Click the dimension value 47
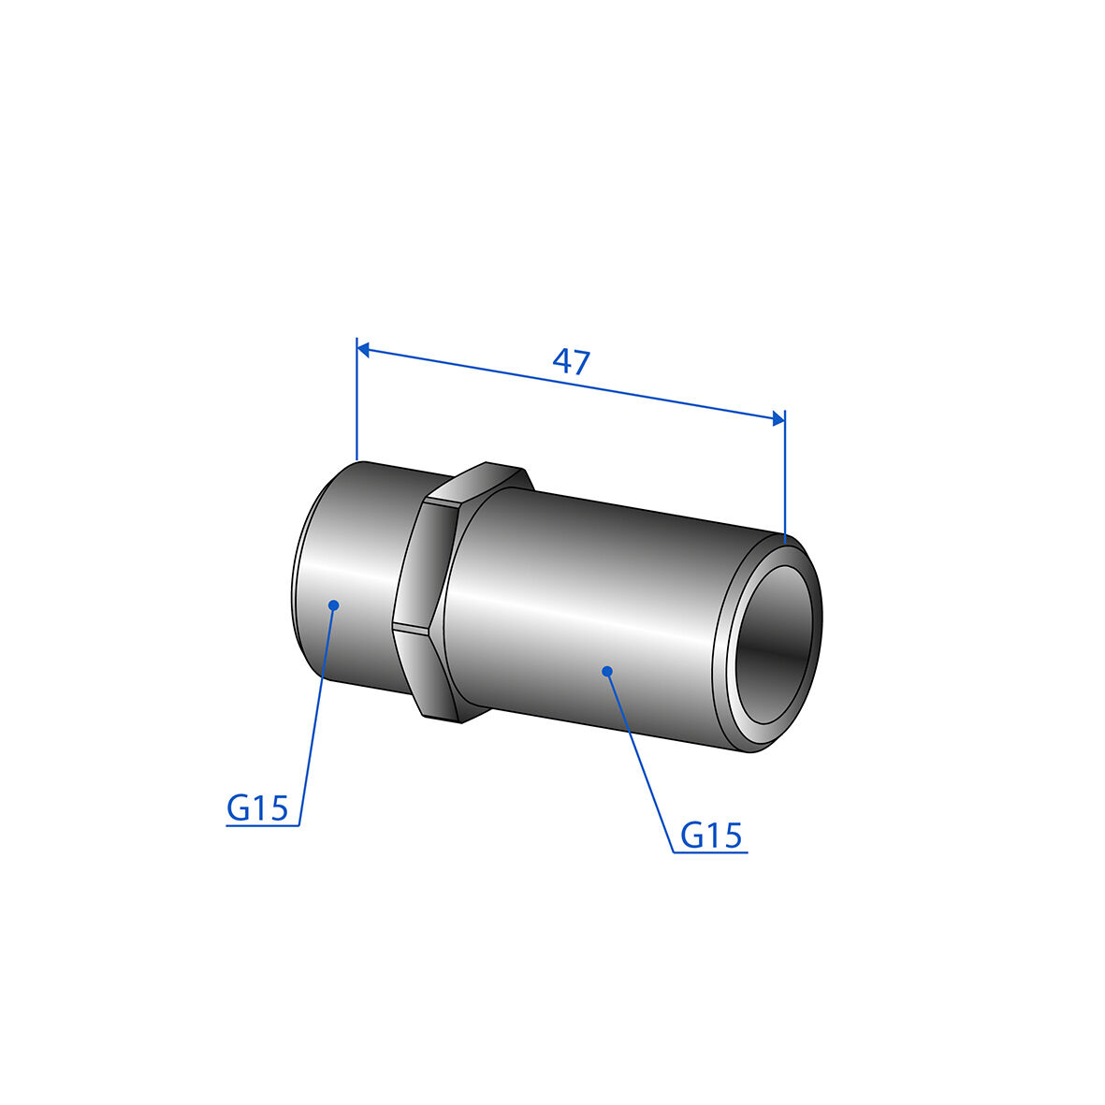[x=571, y=361]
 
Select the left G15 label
[x=257, y=807]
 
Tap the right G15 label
[x=711, y=836]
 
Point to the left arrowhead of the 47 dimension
[x=363, y=349]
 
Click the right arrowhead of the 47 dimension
[x=778, y=418]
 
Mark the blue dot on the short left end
[x=334, y=604]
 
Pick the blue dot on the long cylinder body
[x=606, y=671]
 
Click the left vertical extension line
[x=357, y=399]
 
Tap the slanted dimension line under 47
[x=571, y=384]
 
